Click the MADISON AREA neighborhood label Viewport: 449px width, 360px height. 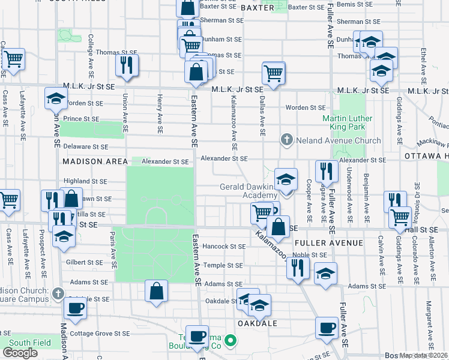(x=95, y=161)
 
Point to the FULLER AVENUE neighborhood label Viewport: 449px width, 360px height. (x=329, y=243)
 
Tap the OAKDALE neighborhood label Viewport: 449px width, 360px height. (x=258, y=323)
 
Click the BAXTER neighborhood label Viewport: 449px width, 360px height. (x=258, y=8)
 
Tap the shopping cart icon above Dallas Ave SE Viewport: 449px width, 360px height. (x=273, y=73)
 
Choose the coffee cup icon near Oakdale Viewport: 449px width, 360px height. (x=327, y=329)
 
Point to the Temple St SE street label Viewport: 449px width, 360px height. (x=223, y=265)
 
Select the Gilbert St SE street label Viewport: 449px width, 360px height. (x=85, y=262)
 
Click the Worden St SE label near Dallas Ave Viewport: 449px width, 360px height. (x=305, y=108)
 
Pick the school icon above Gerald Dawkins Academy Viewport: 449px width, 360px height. (x=286, y=179)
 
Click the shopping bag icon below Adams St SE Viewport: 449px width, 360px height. (x=156, y=291)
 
